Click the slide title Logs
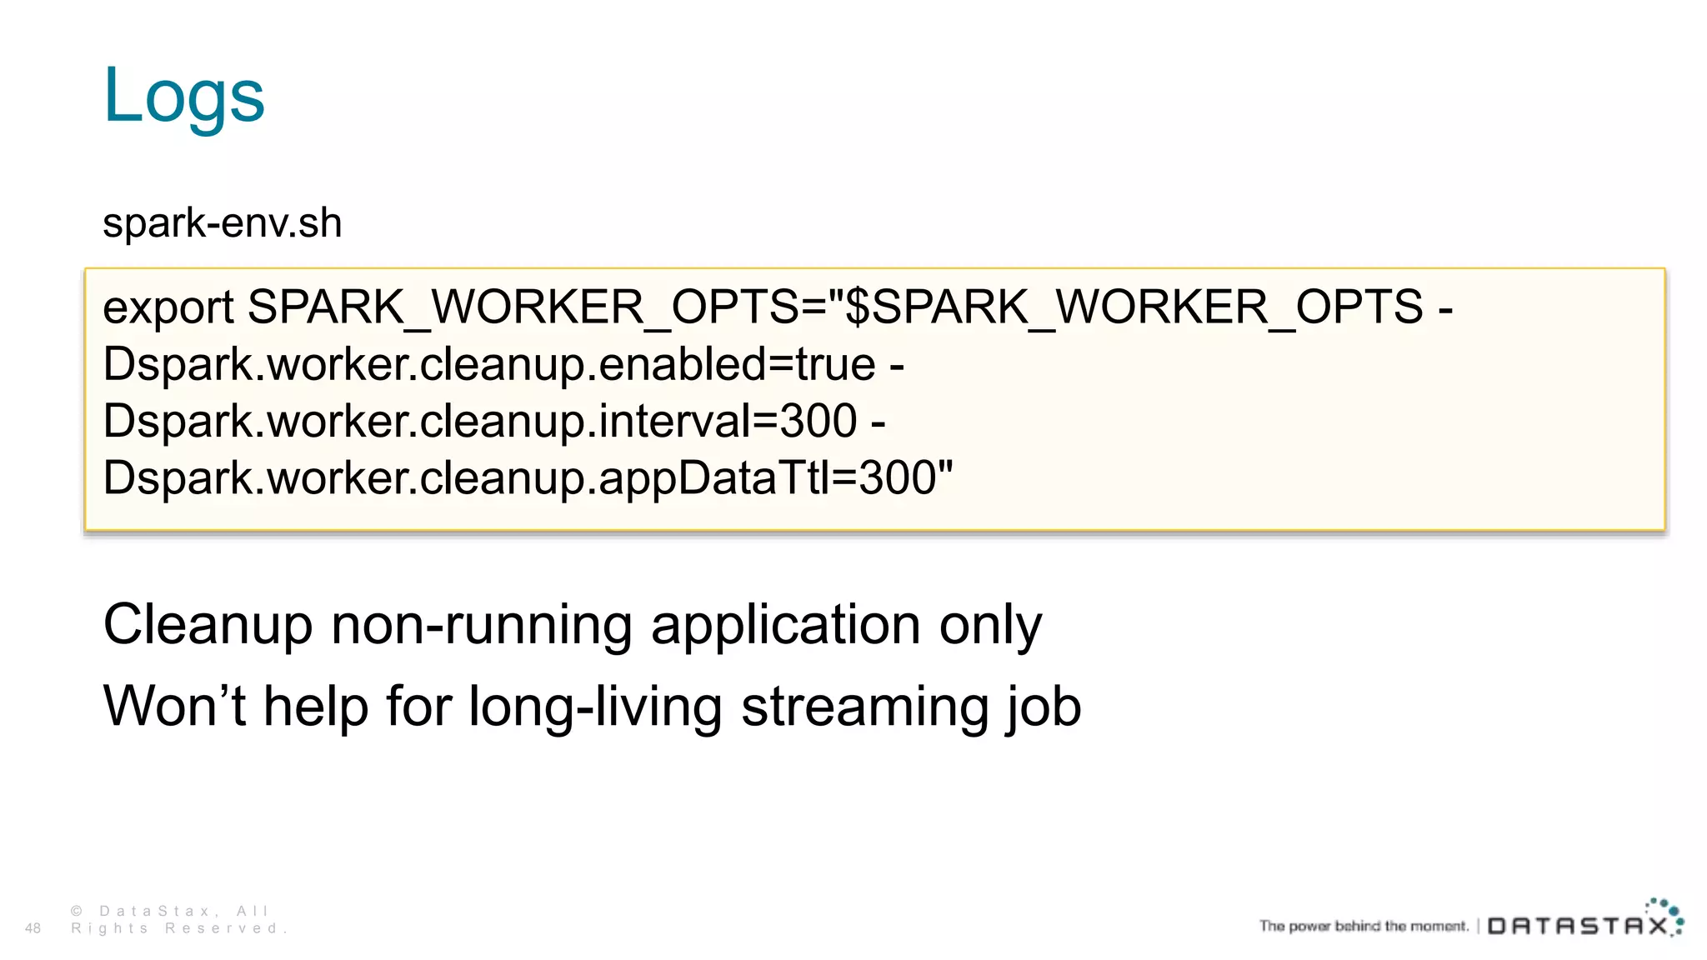pyautogui.click(x=183, y=96)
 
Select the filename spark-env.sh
pyautogui.click(x=222, y=223)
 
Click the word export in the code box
pyautogui.click(x=168, y=308)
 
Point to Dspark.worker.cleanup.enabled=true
pyautogui.click(x=490, y=365)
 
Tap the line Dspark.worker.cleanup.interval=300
pyautogui.click(x=480, y=422)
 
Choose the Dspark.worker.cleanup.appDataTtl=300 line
pyautogui.click(x=527, y=478)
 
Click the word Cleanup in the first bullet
pyautogui.click(x=208, y=625)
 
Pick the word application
pyautogui.click(x=785, y=625)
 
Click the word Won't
pyautogui.click(x=174, y=707)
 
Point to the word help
pyautogui.click(x=316, y=707)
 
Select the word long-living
pyautogui.click(x=595, y=707)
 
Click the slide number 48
pyautogui.click(x=33, y=928)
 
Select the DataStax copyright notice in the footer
pyautogui.click(x=178, y=920)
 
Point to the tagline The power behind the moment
pyautogui.click(x=1364, y=926)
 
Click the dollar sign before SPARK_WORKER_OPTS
pyautogui.click(x=858, y=307)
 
